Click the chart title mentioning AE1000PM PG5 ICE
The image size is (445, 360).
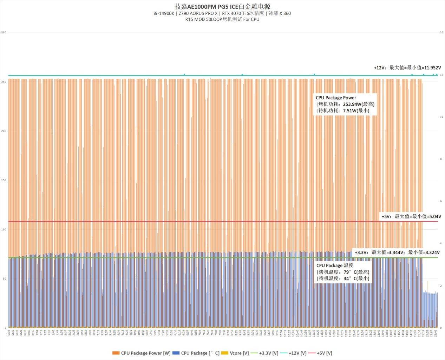pyautogui.click(x=222, y=6)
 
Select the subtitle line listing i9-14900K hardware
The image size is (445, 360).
pyautogui.click(x=222, y=13)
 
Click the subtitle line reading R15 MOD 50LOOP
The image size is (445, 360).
pyautogui.click(x=222, y=19)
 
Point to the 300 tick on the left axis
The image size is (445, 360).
pyautogui.click(x=4, y=33)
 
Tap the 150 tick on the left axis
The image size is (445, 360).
pyautogui.click(x=4, y=180)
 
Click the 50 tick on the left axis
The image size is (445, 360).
pyautogui.click(x=5, y=279)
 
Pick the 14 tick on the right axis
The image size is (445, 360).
pyautogui.click(x=441, y=33)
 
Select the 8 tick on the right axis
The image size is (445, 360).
pyautogui.click(x=440, y=159)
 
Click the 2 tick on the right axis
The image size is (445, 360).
pyautogui.click(x=440, y=286)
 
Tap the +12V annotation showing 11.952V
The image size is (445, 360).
pyautogui.click(x=407, y=68)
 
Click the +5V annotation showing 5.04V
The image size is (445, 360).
pyautogui.click(x=411, y=216)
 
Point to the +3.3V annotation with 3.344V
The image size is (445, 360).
pyautogui.click(x=397, y=252)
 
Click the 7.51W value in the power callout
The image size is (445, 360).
pyautogui.click(x=350, y=111)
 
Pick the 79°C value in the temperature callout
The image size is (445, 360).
pyautogui.click(x=347, y=272)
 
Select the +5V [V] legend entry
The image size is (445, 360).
pyautogui.click(x=320, y=353)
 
